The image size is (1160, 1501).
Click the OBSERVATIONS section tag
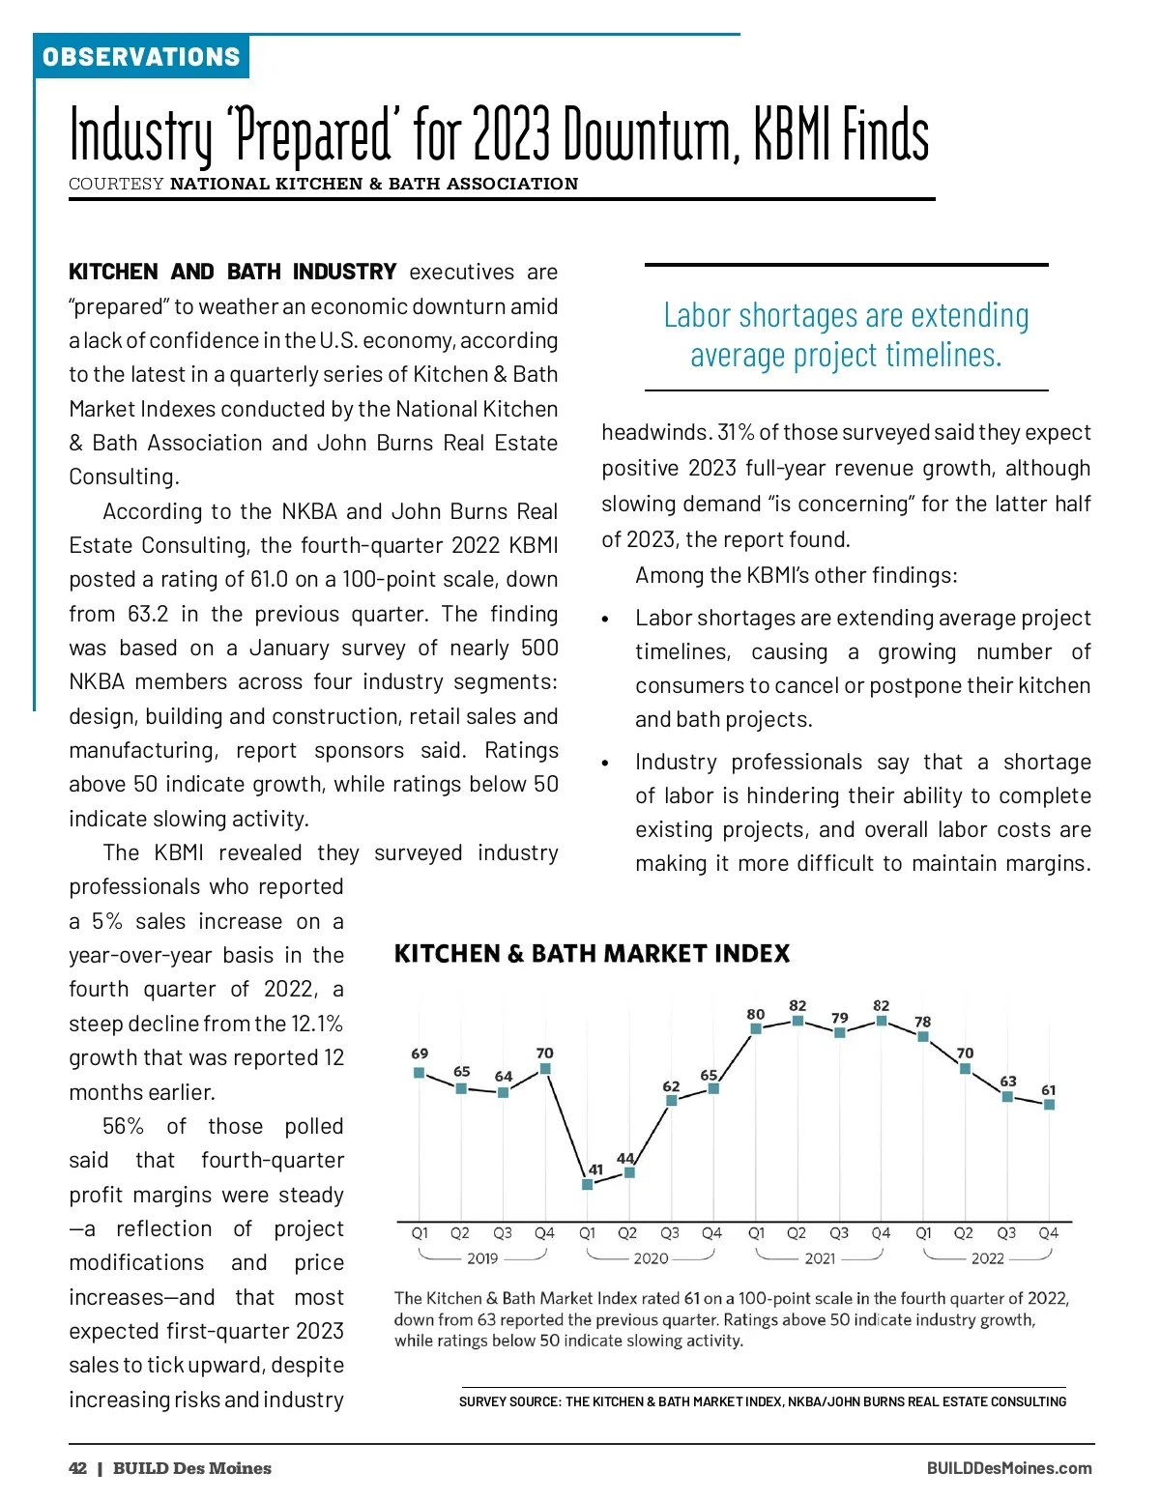[x=141, y=57]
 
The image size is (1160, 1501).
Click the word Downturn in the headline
[x=652, y=134]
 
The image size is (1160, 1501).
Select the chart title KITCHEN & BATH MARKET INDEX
[x=592, y=954]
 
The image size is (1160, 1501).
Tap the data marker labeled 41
[x=587, y=1184]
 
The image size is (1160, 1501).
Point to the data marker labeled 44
[x=629, y=1172]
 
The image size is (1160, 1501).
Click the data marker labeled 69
[x=419, y=1072]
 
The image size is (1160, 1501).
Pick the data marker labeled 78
[x=923, y=1037]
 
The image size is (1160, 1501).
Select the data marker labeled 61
[x=1049, y=1105]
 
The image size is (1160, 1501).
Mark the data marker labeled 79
[x=839, y=1033]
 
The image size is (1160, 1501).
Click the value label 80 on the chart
[x=755, y=1014]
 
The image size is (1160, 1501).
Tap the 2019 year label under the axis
[x=482, y=1258]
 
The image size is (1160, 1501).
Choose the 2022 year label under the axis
[x=987, y=1258]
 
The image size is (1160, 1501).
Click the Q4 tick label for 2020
[x=711, y=1233]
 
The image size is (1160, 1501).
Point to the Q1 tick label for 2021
[x=756, y=1233]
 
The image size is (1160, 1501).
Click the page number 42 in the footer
[x=77, y=1468]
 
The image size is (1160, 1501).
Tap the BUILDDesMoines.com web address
[x=1008, y=1468]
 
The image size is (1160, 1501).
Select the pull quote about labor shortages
[x=846, y=334]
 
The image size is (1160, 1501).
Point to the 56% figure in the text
[x=123, y=1126]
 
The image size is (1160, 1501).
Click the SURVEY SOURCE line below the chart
[x=763, y=1401]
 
